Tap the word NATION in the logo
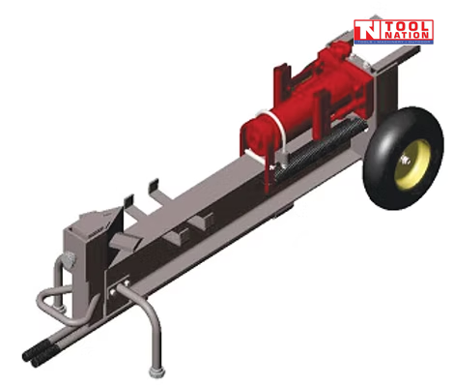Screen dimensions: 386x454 (x=407, y=35)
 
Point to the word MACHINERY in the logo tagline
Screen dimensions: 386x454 (x=404, y=44)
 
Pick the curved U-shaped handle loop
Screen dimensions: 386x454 (x=48, y=299)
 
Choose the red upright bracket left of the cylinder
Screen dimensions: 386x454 (x=285, y=78)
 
